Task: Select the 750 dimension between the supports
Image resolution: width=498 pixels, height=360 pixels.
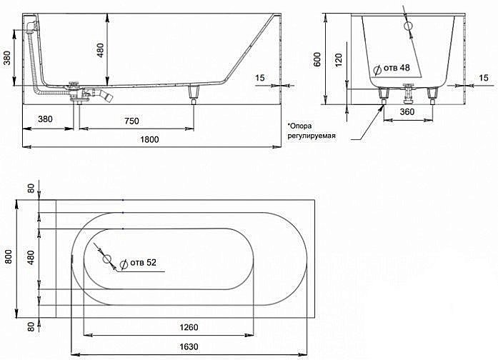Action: [x=132, y=121]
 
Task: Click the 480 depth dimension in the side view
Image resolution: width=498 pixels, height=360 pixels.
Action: [x=100, y=49]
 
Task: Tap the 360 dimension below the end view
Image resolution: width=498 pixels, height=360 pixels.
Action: [x=408, y=111]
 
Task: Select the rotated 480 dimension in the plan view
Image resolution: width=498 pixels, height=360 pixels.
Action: [x=30, y=256]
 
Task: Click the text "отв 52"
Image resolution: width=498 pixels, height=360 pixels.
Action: [x=142, y=262]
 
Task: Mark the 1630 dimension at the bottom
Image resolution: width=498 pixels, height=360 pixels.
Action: [x=190, y=348]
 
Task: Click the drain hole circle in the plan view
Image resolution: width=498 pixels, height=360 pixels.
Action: [x=108, y=259]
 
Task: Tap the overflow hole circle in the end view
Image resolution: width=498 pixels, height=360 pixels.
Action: [x=409, y=26]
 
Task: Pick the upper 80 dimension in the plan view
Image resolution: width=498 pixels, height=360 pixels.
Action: [x=30, y=189]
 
